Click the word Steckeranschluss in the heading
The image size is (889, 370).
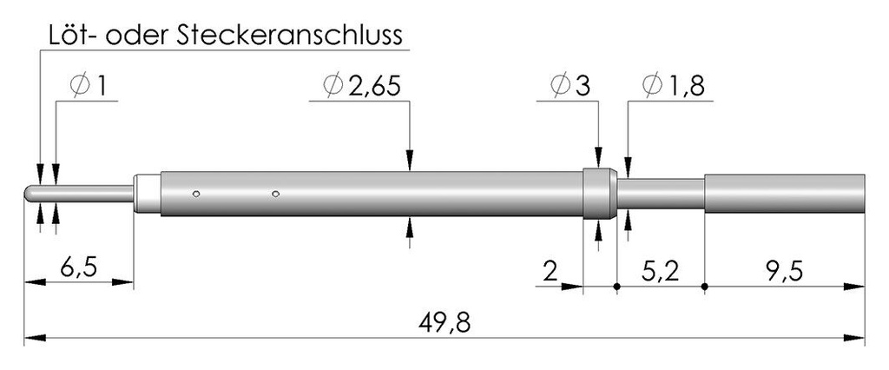point(291,36)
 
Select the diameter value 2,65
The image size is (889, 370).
point(375,86)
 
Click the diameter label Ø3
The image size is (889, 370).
point(571,86)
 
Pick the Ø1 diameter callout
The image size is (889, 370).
point(89,86)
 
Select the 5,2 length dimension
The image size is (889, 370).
point(661,273)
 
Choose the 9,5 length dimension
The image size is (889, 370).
point(785,273)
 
